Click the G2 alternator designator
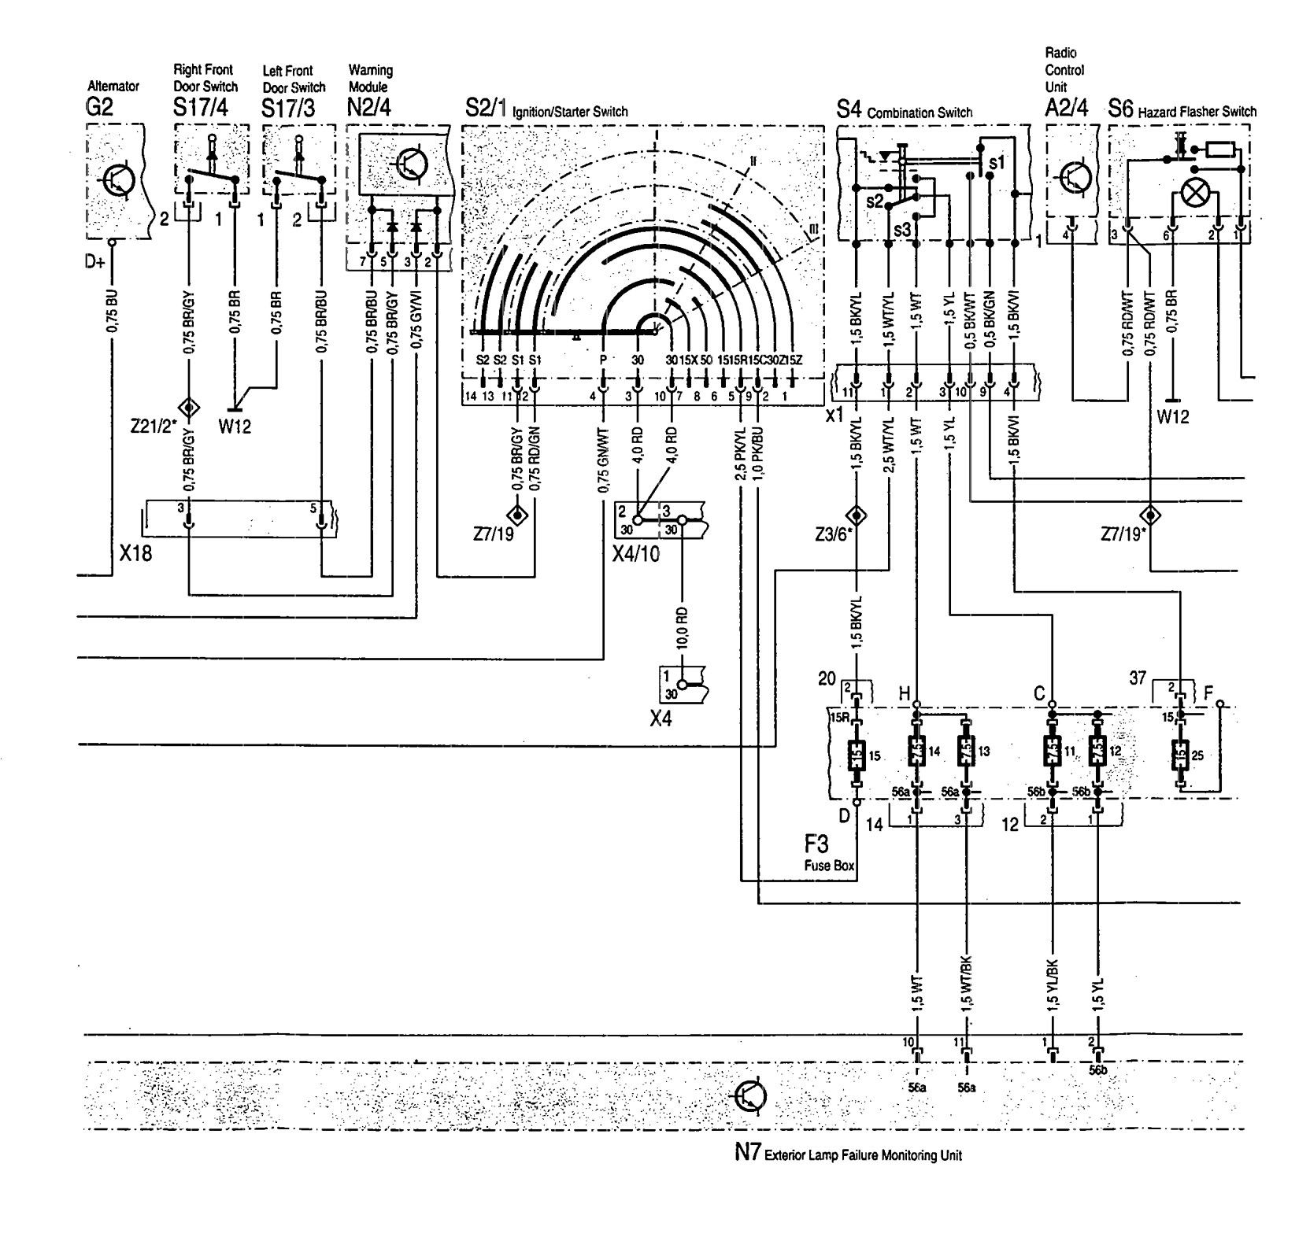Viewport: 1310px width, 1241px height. tap(99, 108)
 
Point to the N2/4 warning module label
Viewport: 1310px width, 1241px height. tap(369, 108)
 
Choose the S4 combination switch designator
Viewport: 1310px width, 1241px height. tap(849, 111)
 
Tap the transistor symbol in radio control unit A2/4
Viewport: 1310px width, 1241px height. tap(1075, 178)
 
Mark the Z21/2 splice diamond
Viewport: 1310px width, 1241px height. tap(189, 407)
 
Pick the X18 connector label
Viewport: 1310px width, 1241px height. tap(135, 554)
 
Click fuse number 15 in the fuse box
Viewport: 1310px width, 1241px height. tap(857, 754)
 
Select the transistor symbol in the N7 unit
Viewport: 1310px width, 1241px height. tap(750, 1095)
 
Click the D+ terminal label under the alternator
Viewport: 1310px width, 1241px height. tap(94, 261)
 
